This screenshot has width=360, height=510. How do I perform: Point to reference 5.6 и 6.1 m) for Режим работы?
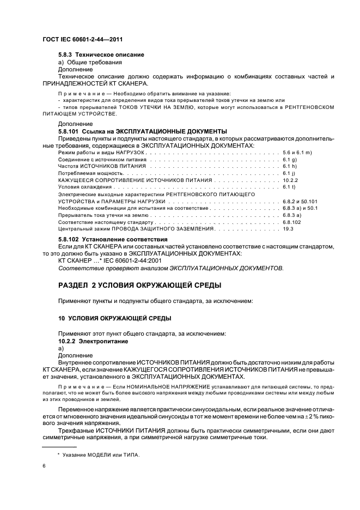click(x=297, y=152)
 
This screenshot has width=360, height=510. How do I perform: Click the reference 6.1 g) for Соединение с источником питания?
click(x=290, y=159)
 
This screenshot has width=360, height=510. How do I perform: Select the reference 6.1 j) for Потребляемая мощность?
click(x=289, y=173)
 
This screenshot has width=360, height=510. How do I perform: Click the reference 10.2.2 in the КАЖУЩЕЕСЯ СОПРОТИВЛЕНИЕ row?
click(x=290, y=180)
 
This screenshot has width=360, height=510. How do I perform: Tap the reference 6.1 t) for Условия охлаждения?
click(x=289, y=187)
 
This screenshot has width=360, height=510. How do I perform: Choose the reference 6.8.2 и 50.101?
click(x=300, y=202)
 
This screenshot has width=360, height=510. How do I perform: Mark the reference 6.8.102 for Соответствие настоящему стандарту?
click(x=292, y=223)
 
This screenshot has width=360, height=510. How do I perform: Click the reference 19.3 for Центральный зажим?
click(x=288, y=230)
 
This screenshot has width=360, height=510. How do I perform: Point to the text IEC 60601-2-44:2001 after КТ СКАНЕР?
click(x=114, y=260)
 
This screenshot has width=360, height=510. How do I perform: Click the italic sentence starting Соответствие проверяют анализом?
click(x=170, y=268)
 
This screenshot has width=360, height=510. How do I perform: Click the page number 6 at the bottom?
click(x=44, y=466)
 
